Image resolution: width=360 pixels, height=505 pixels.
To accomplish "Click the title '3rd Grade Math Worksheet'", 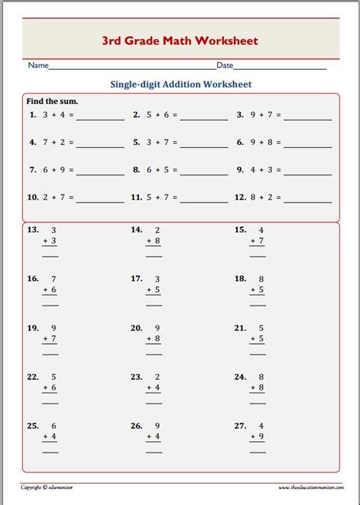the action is [180, 40].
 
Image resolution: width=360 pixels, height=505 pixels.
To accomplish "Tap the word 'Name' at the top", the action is [38, 67].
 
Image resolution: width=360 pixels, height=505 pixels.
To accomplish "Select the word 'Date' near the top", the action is [225, 67].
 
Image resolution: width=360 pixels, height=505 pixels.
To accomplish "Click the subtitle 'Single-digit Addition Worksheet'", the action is [179, 84].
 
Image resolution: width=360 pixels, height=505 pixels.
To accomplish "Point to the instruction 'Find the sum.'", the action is [52, 100].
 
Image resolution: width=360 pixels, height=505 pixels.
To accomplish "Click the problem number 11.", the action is [137, 197].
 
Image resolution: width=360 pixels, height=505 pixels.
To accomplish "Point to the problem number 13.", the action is [33, 229].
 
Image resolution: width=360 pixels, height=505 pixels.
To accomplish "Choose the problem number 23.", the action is [137, 377].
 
